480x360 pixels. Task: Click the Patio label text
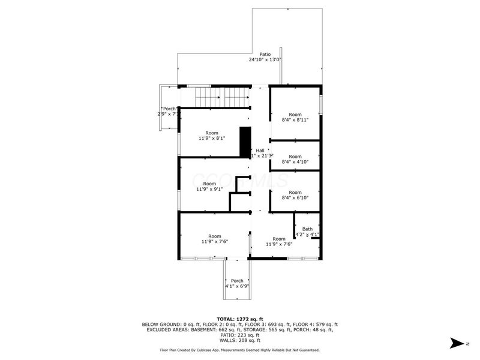click(x=265, y=54)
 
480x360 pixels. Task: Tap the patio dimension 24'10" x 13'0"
click(x=265, y=60)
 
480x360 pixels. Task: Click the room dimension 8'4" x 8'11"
click(x=295, y=120)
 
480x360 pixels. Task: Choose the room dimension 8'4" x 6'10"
click(x=295, y=197)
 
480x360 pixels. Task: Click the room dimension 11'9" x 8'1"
click(x=212, y=139)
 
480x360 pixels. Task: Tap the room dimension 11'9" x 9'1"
click(x=209, y=189)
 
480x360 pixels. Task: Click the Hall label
click(x=260, y=150)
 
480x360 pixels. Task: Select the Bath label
click(x=307, y=229)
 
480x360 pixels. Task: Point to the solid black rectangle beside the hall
click(x=245, y=142)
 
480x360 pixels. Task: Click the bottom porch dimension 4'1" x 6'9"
click(x=237, y=286)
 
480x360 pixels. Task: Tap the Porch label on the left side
click(x=170, y=109)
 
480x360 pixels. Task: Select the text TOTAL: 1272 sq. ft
click(x=239, y=319)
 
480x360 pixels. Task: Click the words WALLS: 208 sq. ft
click(x=239, y=340)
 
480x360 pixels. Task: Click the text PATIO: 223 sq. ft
click(x=239, y=335)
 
